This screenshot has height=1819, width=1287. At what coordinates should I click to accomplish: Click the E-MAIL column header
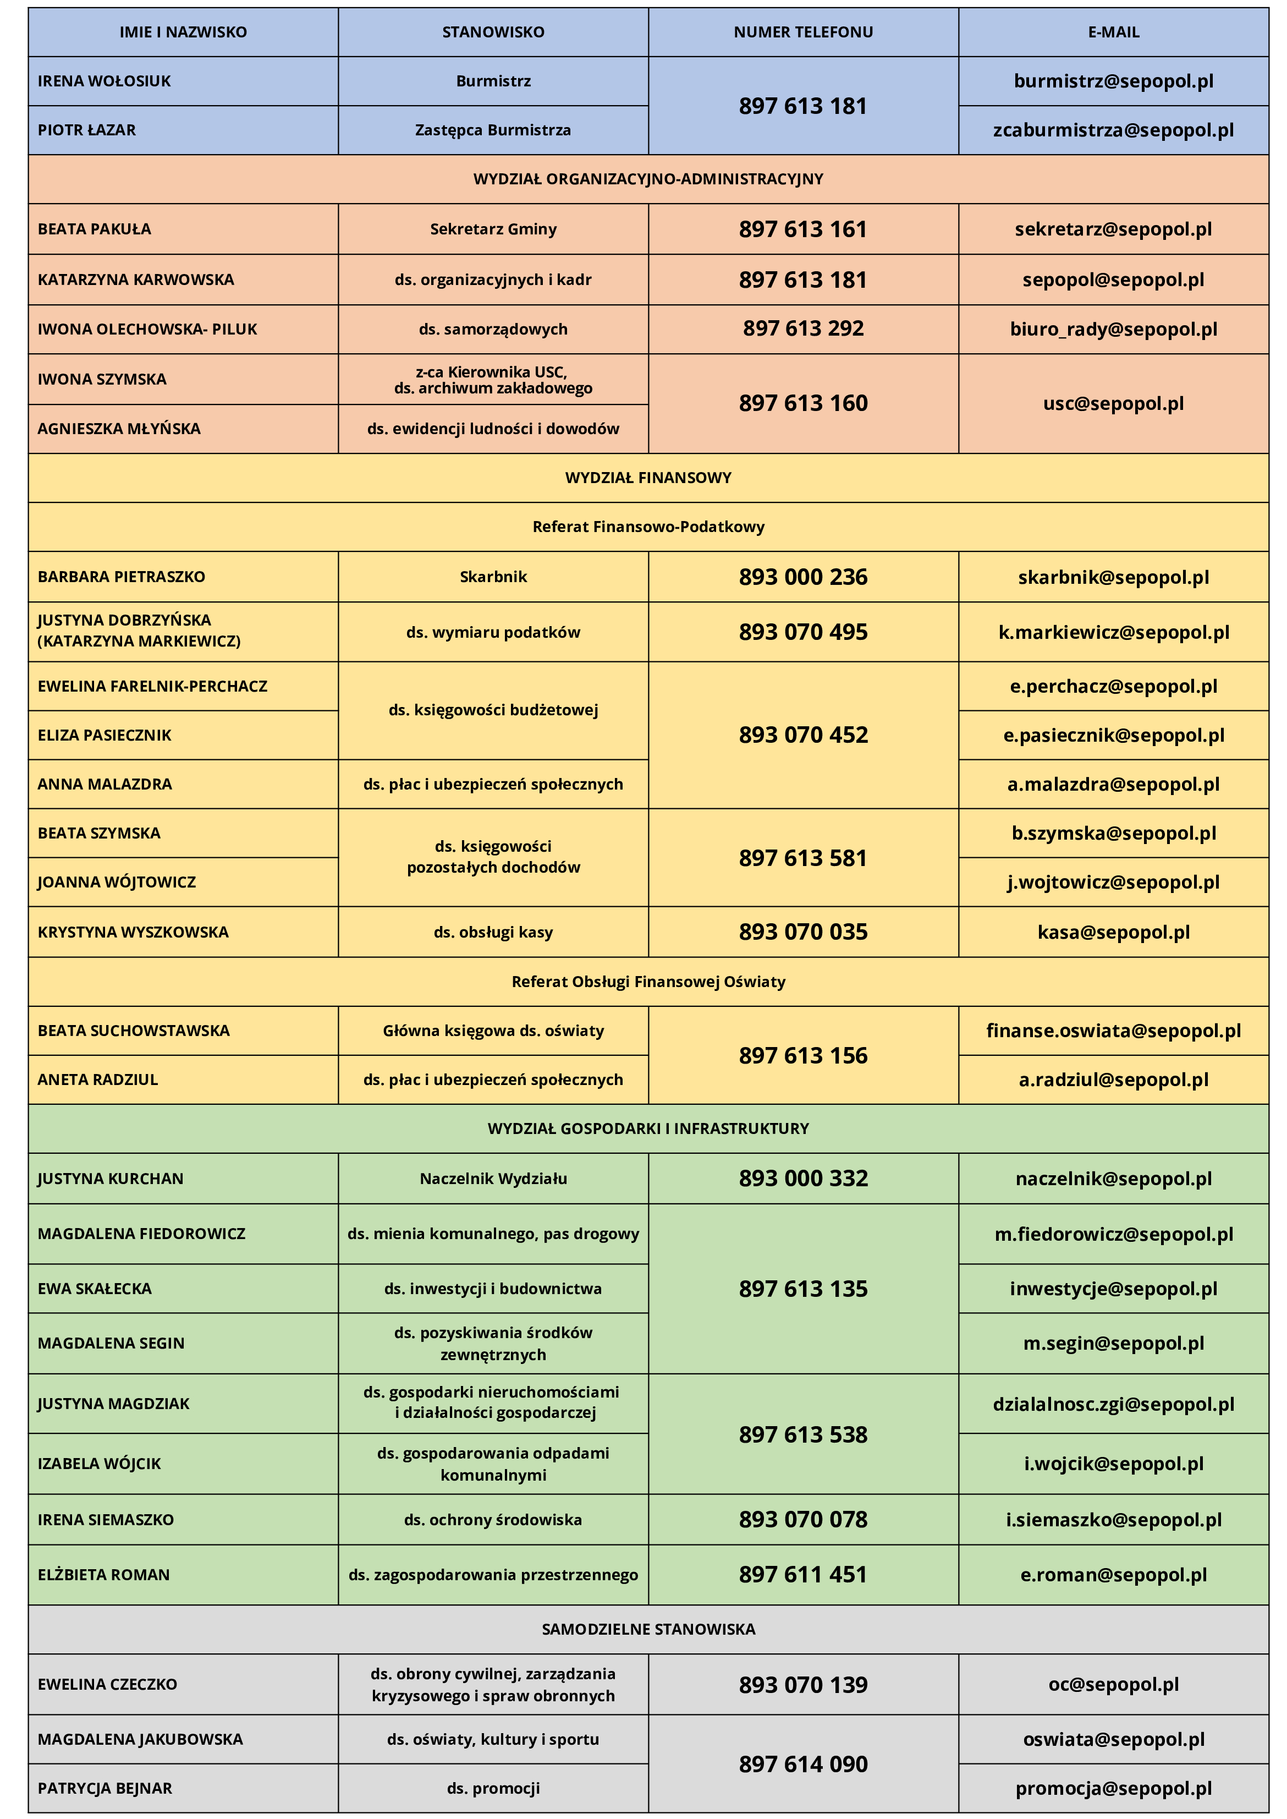click(1113, 32)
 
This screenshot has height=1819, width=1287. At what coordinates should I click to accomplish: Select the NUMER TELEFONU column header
click(803, 32)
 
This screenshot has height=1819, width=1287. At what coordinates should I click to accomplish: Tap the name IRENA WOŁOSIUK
click(104, 81)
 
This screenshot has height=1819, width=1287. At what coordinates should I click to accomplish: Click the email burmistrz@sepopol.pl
click(1113, 81)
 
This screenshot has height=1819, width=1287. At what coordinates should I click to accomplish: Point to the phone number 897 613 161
click(803, 229)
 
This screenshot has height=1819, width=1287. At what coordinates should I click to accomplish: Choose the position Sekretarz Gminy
click(493, 229)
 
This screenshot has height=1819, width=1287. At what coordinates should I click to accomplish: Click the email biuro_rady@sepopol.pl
click(1113, 329)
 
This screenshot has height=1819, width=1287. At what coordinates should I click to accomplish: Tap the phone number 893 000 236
click(803, 577)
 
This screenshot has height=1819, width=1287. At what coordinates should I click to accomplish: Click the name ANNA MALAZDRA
click(105, 784)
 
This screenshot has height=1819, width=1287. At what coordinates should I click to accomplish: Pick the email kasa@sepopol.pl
click(1113, 932)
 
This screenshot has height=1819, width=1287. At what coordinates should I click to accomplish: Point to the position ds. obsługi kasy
click(493, 932)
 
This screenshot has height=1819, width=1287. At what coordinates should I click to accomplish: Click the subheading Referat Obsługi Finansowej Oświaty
click(648, 981)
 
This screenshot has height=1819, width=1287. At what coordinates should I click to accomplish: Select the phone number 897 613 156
click(803, 1055)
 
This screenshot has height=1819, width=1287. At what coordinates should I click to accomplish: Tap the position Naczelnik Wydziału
click(493, 1179)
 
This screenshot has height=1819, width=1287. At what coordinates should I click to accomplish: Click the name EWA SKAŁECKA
click(94, 1289)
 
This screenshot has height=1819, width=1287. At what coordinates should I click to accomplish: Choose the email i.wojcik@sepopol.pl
click(1113, 1464)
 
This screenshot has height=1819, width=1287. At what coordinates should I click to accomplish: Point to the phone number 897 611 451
click(803, 1574)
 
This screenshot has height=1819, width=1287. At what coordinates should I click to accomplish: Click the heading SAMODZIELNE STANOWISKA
click(648, 1629)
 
